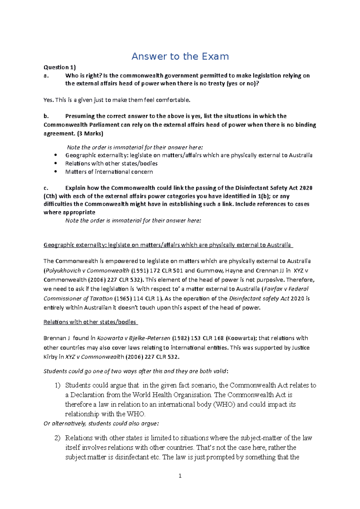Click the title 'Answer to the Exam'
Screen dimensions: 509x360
180,56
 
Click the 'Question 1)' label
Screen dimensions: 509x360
60,67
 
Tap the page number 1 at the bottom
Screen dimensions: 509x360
180,476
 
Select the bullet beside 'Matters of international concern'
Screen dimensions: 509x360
55,172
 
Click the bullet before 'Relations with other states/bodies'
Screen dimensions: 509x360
55,164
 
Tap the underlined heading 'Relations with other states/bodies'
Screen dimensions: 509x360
90,322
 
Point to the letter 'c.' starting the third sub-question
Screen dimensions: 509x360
46,188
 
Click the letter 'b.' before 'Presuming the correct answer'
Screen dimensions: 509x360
46,116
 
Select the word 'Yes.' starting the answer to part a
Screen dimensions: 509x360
49,100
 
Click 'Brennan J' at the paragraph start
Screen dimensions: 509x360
56,338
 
